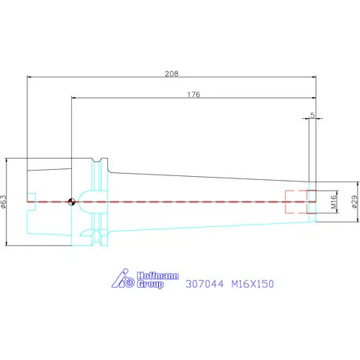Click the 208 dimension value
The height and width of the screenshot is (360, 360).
[x=171, y=74]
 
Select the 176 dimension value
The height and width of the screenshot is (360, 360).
[x=193, y=94]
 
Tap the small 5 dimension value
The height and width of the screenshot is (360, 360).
[x=312, y=115]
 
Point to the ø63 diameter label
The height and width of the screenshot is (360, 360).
[x=3, y=202]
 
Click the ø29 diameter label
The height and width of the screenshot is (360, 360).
[x=355, y=202]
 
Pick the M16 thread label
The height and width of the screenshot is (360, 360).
[x=333, y=202]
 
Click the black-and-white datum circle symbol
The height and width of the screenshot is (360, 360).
[x=71, y=202]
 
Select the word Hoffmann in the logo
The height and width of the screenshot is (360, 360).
[x=158, y=275]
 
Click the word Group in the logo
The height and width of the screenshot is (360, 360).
[x=150, y=284]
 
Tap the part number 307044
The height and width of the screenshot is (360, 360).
[x=204, y=284]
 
